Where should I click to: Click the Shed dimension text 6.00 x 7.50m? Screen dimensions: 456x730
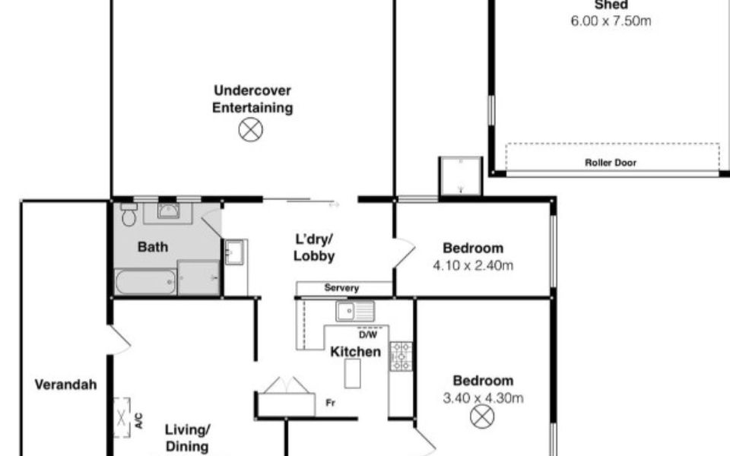(x=611, y=21)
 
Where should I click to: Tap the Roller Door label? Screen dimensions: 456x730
(x=611, y=163)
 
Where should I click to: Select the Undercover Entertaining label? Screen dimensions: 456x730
(x=252, y=99)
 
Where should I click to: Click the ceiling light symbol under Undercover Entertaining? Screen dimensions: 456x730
(x=250, y=130)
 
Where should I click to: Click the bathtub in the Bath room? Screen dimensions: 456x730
(x=145, y=282)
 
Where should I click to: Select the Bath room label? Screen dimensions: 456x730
(x=153, y=247)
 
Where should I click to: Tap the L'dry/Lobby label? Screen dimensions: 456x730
(x=314, y=247)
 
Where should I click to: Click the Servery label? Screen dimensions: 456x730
(x=341, y=288)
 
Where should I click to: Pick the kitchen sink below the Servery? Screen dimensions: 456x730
(x=355, y=311)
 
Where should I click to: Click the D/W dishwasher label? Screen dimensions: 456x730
(x=368, y=334)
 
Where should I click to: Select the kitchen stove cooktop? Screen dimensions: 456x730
(x=401, y=356)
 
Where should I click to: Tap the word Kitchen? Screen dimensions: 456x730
(x=355, y=352)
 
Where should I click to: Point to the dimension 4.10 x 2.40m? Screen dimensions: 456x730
(x=473, y=266)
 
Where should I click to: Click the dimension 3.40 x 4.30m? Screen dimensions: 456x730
(x=483, y=398)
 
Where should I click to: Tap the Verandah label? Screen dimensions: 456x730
(x=66, y=385)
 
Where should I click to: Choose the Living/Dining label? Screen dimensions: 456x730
(x=187, y=438)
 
